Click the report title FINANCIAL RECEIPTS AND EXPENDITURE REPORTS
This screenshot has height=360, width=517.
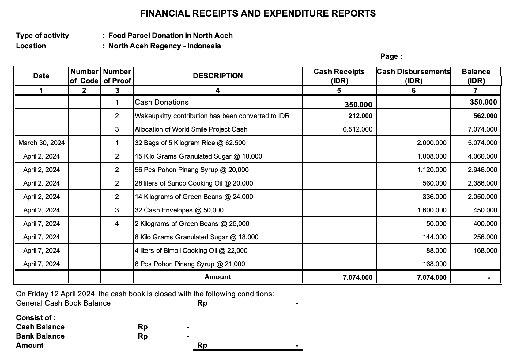[x=258, y=13]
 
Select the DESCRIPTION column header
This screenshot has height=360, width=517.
[x=217, y=76]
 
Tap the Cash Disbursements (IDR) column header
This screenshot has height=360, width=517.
[x=413, y=76]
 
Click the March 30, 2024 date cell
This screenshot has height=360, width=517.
[x=42, y=143]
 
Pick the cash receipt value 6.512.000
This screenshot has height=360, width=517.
[x=357, y=129]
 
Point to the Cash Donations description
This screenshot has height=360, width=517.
[x=162, y=102]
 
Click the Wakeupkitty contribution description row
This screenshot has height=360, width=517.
[x=212, y=116]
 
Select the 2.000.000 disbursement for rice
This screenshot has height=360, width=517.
[x=432, y=143]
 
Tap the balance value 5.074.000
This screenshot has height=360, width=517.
[x=482, y=143]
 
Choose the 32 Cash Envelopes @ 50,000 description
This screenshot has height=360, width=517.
[x=179, y=210]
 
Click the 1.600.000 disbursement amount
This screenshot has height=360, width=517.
[x=432, y=210]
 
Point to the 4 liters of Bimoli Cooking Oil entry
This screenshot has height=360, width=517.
[x=191, y=250]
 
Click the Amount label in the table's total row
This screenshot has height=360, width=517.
[x=217, y=277]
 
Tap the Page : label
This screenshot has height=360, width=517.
[x=391, y=56]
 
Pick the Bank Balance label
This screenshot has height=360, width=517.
[x=40, y=336]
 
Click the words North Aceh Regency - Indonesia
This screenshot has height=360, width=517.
[x=164, y=46]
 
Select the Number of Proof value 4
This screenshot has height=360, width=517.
[x=117, y=223]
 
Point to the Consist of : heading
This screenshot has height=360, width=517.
[x=36, y=318]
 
